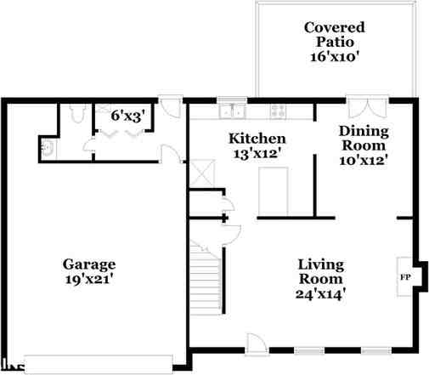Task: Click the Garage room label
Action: [88, 264]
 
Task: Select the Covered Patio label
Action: [334, 34]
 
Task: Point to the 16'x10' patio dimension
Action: [334, 58]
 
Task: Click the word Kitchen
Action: [258, 139]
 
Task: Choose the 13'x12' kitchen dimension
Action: [258, 154]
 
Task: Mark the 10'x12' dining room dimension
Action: [364, 160]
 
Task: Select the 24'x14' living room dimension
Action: [320, 294]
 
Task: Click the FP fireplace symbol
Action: [405, 277]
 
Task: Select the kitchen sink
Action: [231, 110]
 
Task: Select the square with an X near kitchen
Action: [201, 173]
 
